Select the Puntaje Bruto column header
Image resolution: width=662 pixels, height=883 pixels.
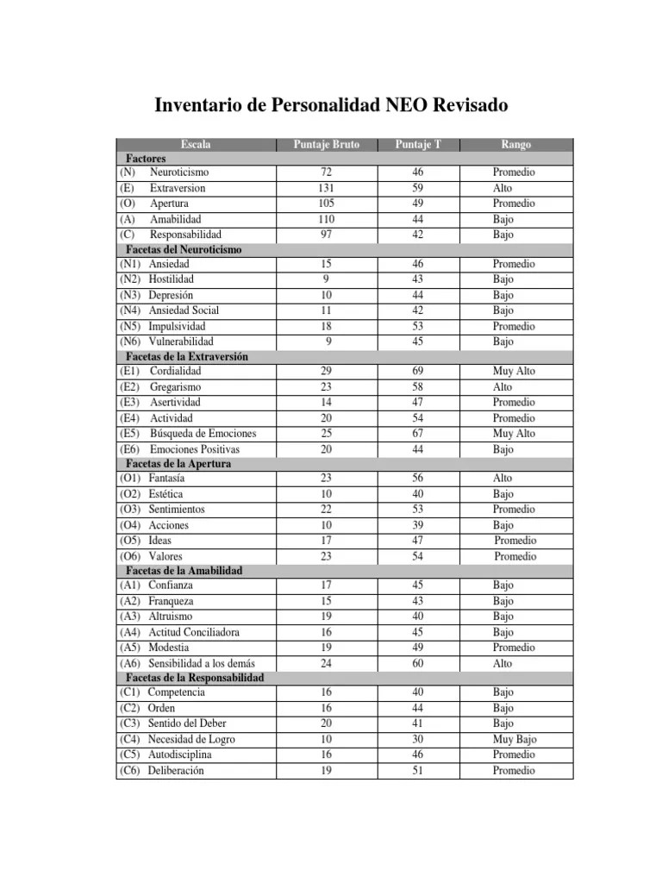pyautogui.click(x=326, y=145)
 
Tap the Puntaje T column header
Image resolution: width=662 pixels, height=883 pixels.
pyautogui.click(x=417, y=145)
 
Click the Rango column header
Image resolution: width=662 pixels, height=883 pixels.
pyautogui.click(x=515, y=145)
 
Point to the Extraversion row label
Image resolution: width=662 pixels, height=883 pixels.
pyautogui.click(x=178, y=188)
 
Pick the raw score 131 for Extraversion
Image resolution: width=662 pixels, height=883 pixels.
pyautogui.click(x=326, y=188)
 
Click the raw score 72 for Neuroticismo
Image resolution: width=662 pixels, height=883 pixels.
pyautogui.click(x=326, y=172)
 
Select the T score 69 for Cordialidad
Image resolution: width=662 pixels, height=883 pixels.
pyautogui.click(x=417, y=371)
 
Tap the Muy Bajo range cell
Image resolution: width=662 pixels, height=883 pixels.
pyautogui.click(x=515, y=739)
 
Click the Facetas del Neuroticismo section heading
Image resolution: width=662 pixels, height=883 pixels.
pyautogui.click(x=184, y=249)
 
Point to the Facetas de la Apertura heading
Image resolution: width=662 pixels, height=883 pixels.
pyautogui.click(x=178, y=463)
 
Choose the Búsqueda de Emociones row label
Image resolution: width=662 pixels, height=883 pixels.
pyautogui.click(x=203, y=433)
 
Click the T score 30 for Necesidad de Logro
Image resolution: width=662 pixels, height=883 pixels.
pyautogui.click(x=417, y=739)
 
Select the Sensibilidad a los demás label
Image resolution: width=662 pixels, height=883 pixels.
pyautogui.click(x=201, y=663)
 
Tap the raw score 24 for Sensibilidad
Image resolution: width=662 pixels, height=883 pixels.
pyautogui.click(x=326, y=663)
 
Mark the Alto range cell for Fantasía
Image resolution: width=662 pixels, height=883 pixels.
pyautogui.click(x=503, y=478)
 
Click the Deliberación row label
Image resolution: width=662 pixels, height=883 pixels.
pyautogui.click(x=176, y=770)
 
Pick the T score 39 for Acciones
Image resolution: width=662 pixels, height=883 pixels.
pyautogui.click(x=417, y=525)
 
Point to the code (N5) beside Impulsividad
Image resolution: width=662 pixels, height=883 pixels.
pyautogui.click(x=131, y=326)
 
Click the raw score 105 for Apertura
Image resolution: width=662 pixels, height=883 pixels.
pyautogui.click(x=326, y=204)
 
